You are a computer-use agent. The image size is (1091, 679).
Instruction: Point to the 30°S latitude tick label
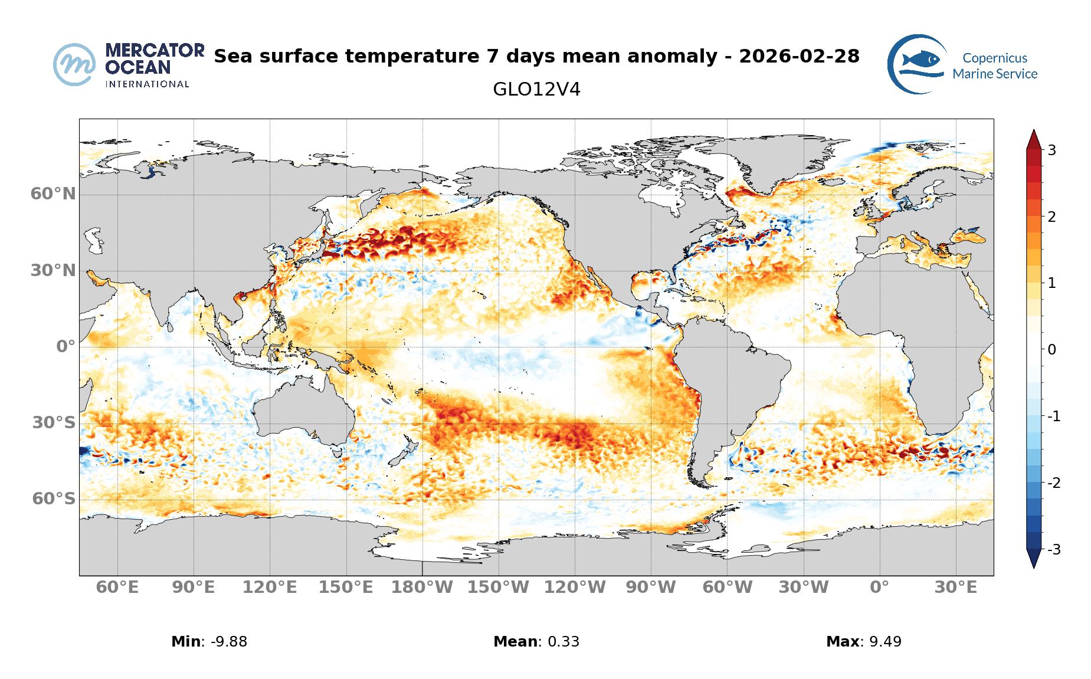click(x=54, y=422)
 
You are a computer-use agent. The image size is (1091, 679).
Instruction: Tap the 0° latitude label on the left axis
click(x=66, y=346)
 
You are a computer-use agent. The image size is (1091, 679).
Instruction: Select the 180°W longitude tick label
click(x=422, y=588)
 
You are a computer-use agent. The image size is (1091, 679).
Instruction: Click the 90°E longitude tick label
click(x=194, y=588)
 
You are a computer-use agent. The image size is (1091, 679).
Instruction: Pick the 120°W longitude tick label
click(x=575, y=588)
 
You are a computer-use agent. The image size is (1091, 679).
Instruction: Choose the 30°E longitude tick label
click(x=956, y=588)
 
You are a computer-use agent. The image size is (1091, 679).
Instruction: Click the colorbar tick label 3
click(x=1051, y=150)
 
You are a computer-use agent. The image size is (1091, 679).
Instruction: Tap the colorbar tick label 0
click(x=1051, y=350)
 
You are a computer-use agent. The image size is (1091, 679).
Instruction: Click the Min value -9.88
click(x=224, y=642)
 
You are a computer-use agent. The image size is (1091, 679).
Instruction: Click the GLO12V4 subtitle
click(x=536, y=90)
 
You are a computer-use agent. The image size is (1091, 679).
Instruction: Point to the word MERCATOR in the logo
click(x=155, y=50)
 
